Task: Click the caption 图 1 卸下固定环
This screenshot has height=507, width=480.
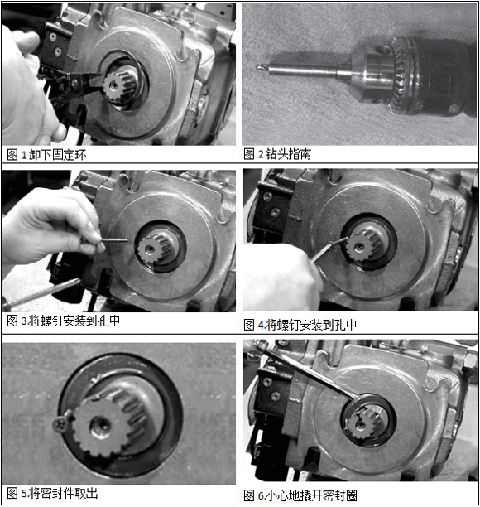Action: pyautogui.click(x=46, y=155)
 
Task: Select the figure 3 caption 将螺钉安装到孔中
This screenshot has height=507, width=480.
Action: pyautogui.click(x=74, y=321)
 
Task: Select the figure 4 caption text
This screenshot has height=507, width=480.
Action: pyautogui.click(x=300, y=325)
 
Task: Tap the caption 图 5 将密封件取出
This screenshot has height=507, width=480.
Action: pyautogui.click(x=52, y=494)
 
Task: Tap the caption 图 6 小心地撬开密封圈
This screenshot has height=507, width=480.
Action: pyautogui.click(x=300, y=495)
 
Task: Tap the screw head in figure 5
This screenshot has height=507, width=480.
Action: pyautogui.click(x=60, y=425)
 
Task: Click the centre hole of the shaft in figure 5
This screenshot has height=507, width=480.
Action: pyautogui.click(x=100, y=427)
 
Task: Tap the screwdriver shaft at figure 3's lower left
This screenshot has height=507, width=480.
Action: pyautogui.click(x=41, y=292)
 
